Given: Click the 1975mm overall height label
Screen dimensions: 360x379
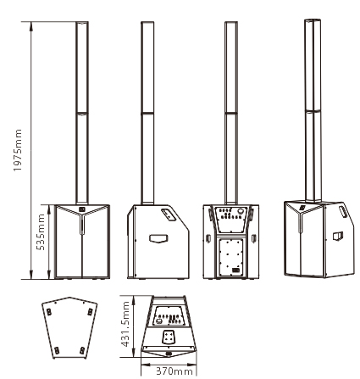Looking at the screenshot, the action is click(x=18, y=150).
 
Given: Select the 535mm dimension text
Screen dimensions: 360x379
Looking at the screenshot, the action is click(x=41, y=232).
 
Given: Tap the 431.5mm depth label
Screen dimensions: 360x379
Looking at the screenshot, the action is click(x=125, y=324).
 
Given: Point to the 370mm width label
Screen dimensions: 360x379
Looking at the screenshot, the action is click(x=174, y=371).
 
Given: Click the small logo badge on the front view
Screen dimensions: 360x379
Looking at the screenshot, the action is click(x=82, y=209).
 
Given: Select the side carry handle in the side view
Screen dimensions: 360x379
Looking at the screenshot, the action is click(x=158, y=238).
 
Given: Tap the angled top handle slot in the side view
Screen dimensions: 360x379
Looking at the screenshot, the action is click(x=169, y=215).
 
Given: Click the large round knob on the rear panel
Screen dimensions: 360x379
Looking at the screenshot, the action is click(x=241, y=211).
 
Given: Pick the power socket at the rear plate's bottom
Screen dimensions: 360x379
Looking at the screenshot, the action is click(x=235, y=271).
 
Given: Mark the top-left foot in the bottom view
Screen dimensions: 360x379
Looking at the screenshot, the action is click(x=49, y=312).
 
